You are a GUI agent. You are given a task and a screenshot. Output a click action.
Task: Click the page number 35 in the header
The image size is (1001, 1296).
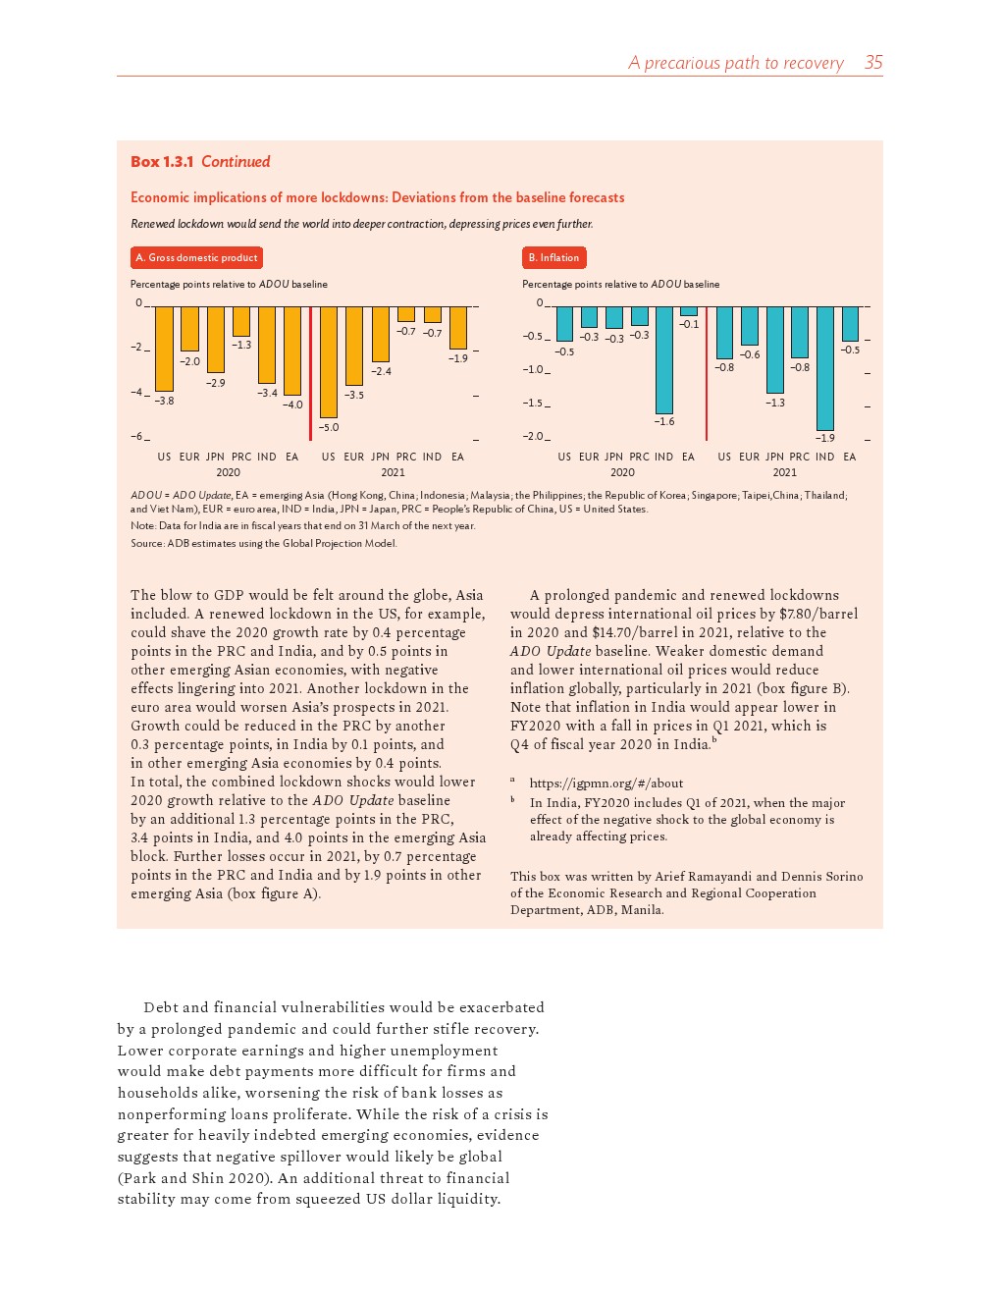tap(873, 63)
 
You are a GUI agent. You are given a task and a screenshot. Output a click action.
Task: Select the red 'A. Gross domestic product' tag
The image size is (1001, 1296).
tap(196, 258)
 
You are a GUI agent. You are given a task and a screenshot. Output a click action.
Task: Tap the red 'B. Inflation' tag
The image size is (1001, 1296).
tap(553, 258)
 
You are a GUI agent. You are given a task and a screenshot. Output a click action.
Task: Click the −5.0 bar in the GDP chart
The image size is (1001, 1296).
tap(329, 361)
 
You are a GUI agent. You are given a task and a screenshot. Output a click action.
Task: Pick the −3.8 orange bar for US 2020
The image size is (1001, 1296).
tap(164, 349)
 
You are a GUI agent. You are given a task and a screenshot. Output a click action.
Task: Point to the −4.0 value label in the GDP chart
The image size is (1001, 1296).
tap(292, 405)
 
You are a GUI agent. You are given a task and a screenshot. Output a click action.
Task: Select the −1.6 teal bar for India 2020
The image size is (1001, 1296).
tap(664, 359)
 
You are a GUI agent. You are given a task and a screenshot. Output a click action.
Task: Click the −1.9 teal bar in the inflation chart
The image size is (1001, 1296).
tap(825, 368)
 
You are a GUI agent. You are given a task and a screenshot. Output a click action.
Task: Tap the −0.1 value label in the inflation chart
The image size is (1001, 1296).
tap(689, 325)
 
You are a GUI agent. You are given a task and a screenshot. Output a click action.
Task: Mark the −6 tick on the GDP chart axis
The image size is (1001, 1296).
tap(138, 437)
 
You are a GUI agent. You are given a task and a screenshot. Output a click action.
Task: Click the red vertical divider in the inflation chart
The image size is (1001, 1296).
tap(707, 373)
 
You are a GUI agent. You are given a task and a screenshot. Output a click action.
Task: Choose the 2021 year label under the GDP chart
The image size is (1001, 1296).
tap(393, 472)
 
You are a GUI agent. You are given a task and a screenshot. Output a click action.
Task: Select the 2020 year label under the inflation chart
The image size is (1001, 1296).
tap(622, 472)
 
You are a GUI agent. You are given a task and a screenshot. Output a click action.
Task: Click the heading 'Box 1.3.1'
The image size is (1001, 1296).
tap(162, 162)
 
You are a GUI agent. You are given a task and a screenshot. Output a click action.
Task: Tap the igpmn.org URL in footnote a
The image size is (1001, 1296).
tap(606, 783)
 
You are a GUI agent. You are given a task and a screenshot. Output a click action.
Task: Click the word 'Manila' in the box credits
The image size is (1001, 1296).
tap(642, 910)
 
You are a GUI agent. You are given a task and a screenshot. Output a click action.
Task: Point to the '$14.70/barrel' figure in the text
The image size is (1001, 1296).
tap(634, 633)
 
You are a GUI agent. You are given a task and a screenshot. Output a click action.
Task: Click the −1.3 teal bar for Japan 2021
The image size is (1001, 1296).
tap(775, 350)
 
